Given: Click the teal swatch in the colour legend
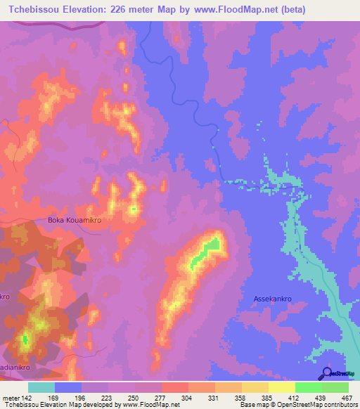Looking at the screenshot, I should pos(41,387).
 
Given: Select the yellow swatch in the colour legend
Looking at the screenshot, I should pos(281,387).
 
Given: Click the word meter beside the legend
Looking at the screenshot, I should pos(11,397).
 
